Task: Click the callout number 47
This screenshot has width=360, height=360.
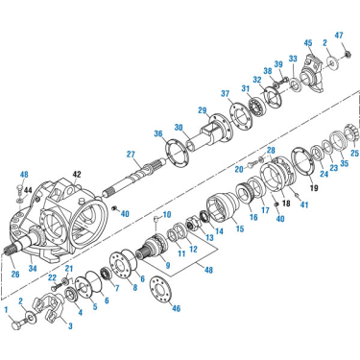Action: (340, 36)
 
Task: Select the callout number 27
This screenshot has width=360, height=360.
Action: (131, 155)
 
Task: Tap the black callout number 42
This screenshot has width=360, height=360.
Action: (77, 175)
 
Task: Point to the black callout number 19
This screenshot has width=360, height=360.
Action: (314, 188)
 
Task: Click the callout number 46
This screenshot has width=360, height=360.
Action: (176, 308)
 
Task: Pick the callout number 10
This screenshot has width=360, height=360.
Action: (167, 214)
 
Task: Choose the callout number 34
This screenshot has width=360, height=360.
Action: (33, 268)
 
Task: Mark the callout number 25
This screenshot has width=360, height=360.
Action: (354, 154)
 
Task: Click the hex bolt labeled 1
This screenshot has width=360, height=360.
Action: (18, 324)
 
